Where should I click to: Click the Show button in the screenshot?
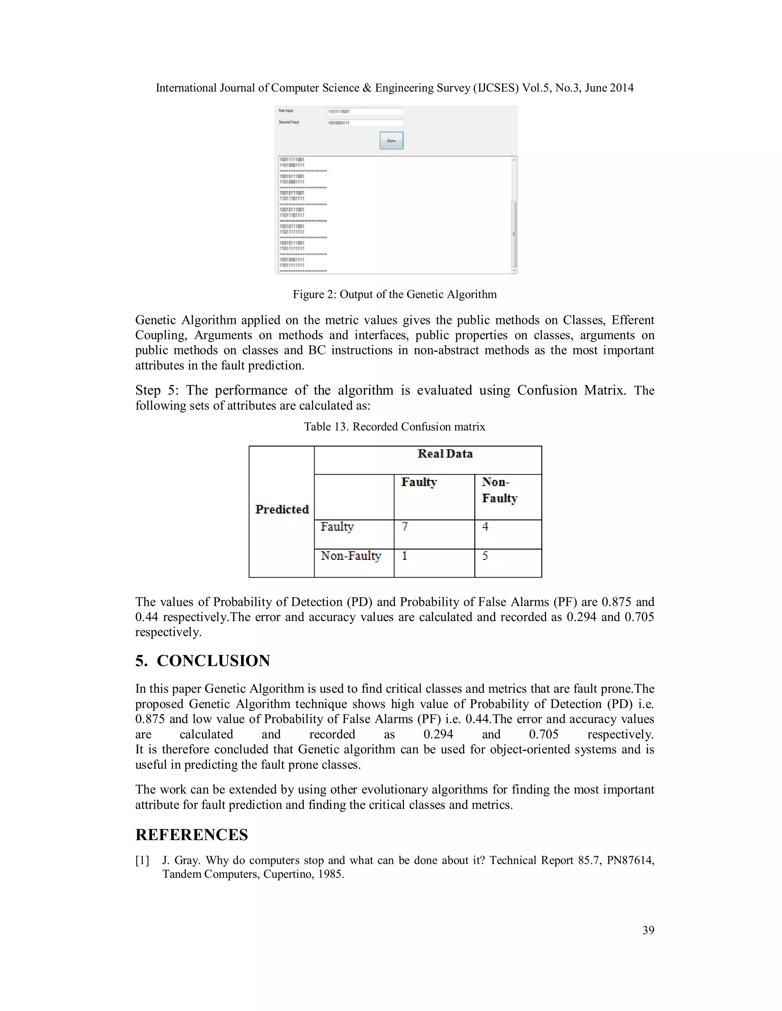pyautogui.click(x=391, y=140)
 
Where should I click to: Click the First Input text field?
pyautogui.click(x=365, y=111)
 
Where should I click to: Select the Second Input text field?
pyautogui.click(x=365, y=123)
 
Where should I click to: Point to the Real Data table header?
pyautogui.click(x=445, y=454)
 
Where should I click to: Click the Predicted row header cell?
pyautogui.click(x=282, y=509)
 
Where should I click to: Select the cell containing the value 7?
pyautogui.click(x=434, y=534)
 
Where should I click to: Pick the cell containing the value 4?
pyautogui.click(x=508, y=534)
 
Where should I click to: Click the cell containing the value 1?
pyautogui.click(x=434, y=562)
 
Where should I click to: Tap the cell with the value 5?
pyautogui.click(x=508, y=562)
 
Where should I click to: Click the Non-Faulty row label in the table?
pyautogui.click(x=351, y=555)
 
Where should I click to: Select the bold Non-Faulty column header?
pyautogui.click(x=499, y=490)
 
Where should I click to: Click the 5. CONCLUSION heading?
pyautogui.click(x=202, y=660)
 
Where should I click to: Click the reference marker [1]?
pyautogui.click(x=142, y=861)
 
